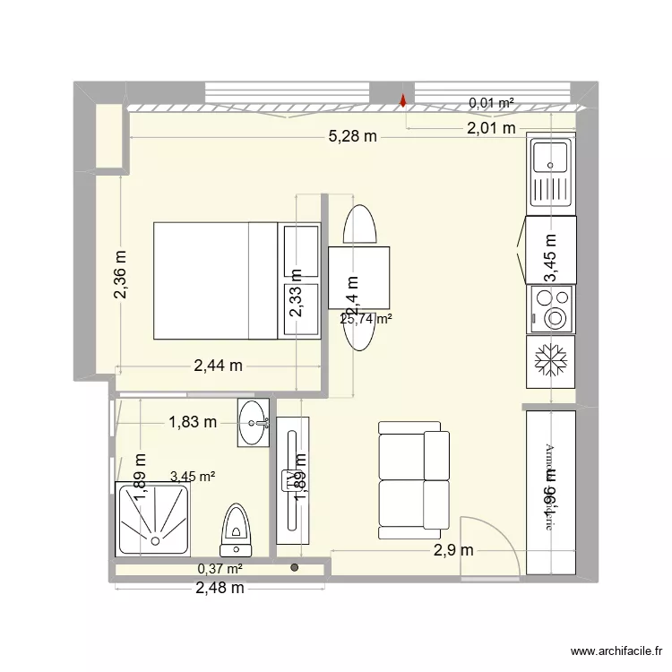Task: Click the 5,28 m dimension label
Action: tap(352, 137)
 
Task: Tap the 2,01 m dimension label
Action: tap(490, 128)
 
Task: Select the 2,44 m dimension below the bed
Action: tap(219, 365)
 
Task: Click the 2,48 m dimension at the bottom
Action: tap(220, 588)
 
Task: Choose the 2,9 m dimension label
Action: tap(452, 550)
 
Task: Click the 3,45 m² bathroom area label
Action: tap(192, 477)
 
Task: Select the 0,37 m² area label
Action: tap(220, 568)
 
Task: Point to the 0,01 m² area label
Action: tap(491, 103)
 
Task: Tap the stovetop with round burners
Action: tap(550, 308)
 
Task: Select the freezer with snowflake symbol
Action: tap(550, 362)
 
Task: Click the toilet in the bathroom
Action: tap(236, 530)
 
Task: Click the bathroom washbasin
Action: tap(254, 422)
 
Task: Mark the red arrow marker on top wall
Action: tap(403, 101)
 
